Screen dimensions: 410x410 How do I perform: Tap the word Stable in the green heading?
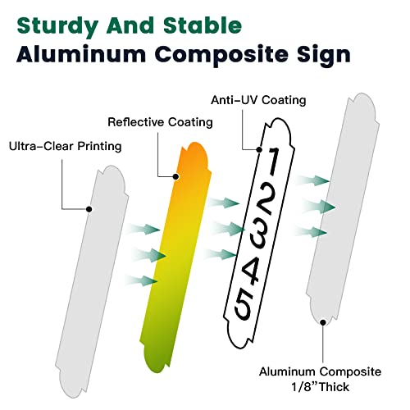point(203,25)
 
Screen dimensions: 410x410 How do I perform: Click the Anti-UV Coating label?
point(258,100)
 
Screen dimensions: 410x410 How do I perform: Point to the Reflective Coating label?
point(160,122)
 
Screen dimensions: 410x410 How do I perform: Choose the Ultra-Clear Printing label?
point(65,146)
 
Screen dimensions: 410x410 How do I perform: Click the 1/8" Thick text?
point(320,387)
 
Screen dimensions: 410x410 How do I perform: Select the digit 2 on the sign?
point(266,199)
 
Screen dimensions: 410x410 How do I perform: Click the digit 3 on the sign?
point(258,233)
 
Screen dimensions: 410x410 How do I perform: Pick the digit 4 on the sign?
point(251,271)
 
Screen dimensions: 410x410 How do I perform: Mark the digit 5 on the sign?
point(243,305)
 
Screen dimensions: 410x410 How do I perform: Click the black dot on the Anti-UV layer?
point(259,149)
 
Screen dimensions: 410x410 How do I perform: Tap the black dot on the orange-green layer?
point(176,177)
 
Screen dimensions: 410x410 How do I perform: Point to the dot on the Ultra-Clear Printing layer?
point(89,209)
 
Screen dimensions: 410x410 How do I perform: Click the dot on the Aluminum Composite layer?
point(323,322)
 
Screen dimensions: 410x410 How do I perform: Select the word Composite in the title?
point(221,56)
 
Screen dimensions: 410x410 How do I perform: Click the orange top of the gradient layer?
point(194,153)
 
